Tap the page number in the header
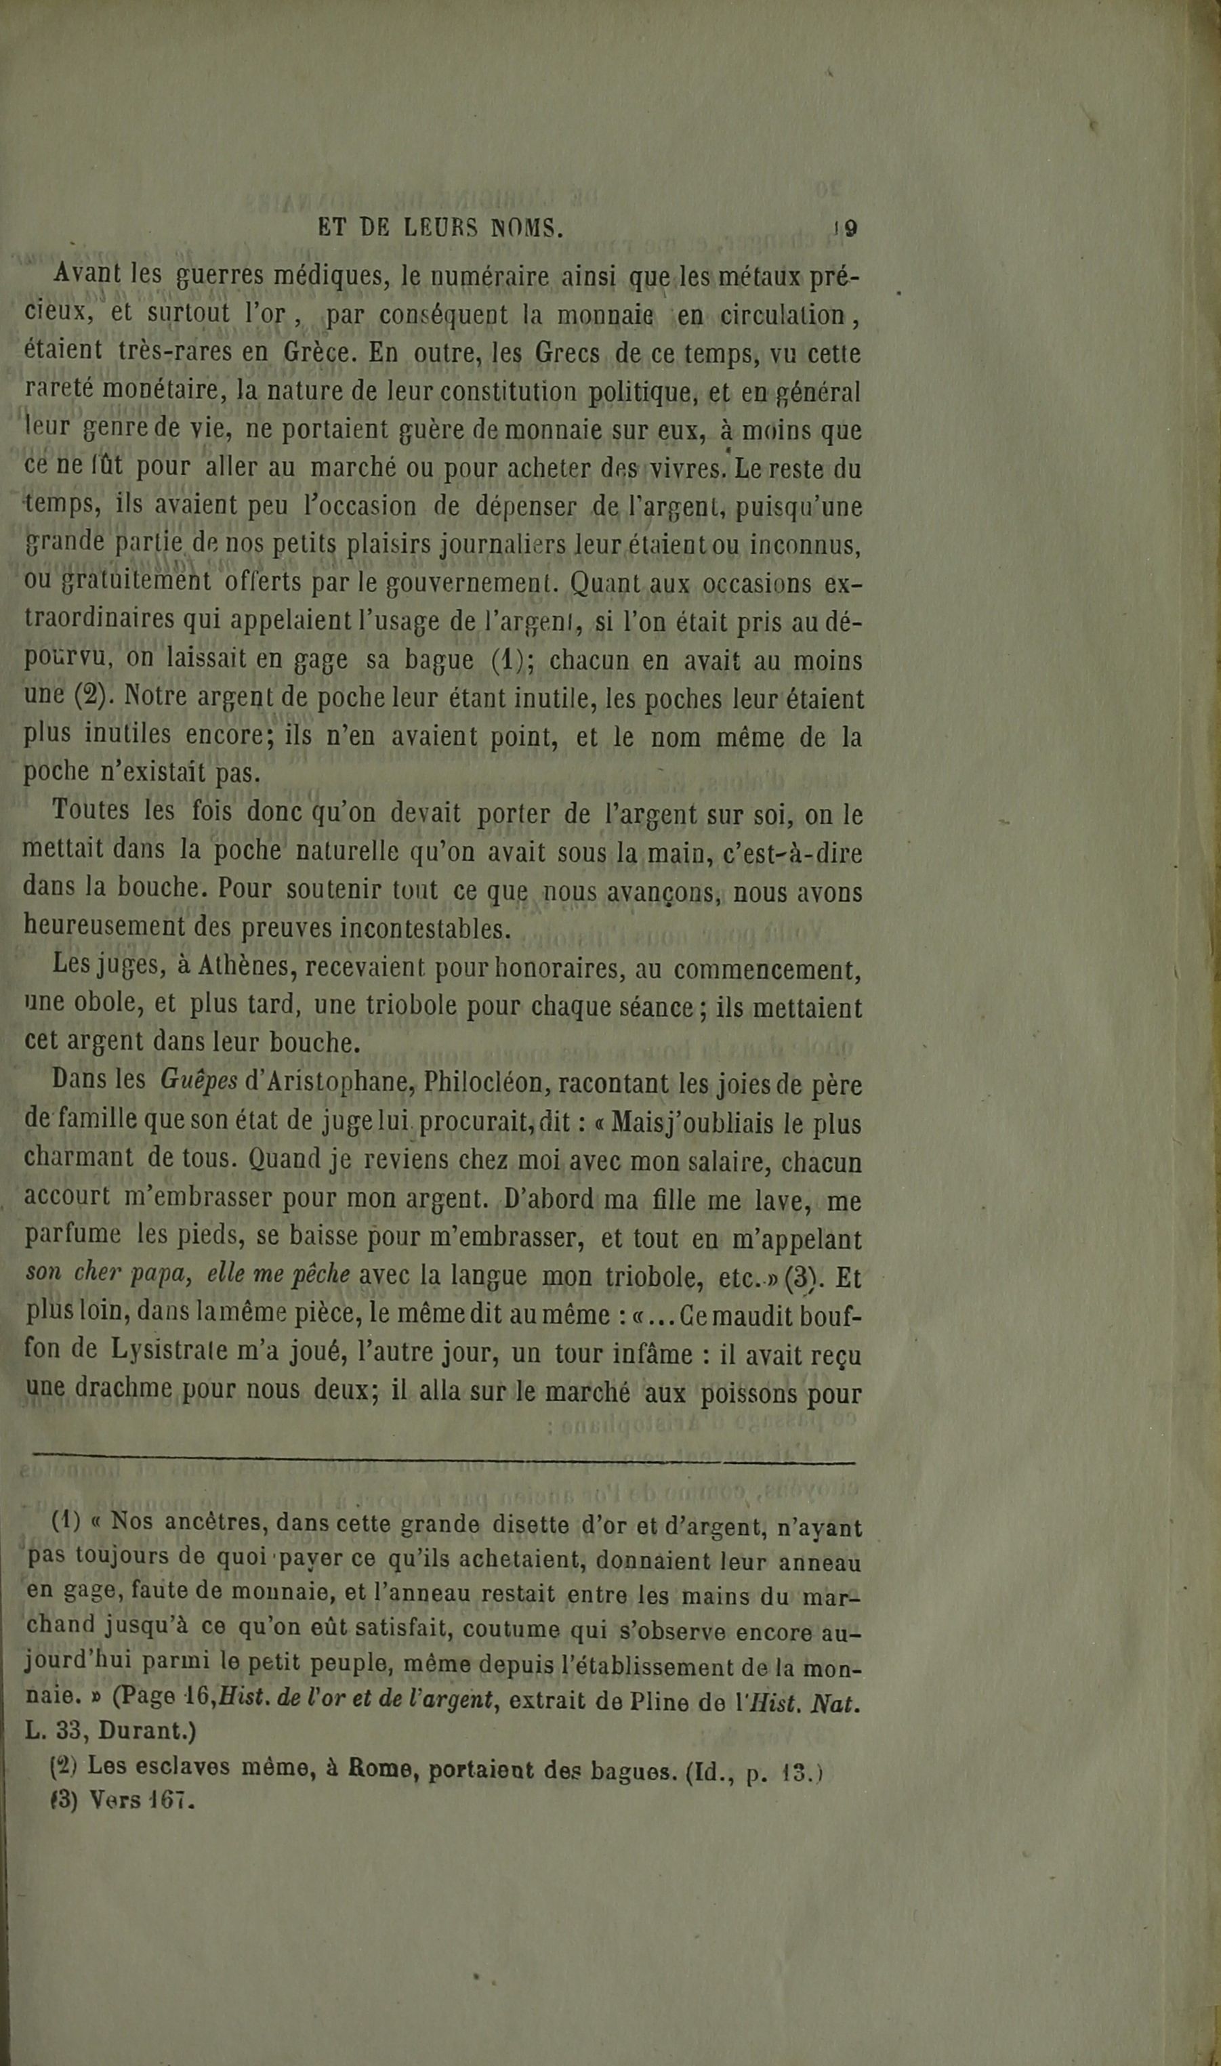click(x=846, y=228)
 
